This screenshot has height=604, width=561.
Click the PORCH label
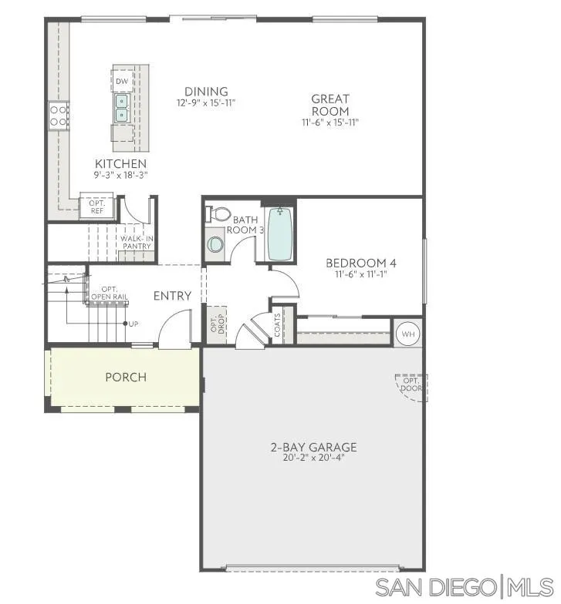[126, 377]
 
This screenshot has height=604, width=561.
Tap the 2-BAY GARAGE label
[313, 447]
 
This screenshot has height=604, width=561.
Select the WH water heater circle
[408, 334]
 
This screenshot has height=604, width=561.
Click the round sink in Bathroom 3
[215, 244]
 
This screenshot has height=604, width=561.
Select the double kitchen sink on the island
[122, 108]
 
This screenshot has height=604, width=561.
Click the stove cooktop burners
[59, 116]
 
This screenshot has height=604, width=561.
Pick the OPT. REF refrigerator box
[97, 207]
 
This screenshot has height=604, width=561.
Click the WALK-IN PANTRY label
[136, 242]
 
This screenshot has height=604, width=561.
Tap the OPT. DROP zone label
[215, 324]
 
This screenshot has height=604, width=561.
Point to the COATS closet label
[278, 324]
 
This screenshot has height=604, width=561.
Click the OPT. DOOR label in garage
[411, 384]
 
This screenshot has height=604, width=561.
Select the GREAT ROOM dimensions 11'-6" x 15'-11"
[330, 122]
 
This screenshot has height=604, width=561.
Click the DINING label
[206, 91]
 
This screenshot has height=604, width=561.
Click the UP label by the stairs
[133, 324]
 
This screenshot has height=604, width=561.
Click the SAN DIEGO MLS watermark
[465, 587]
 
